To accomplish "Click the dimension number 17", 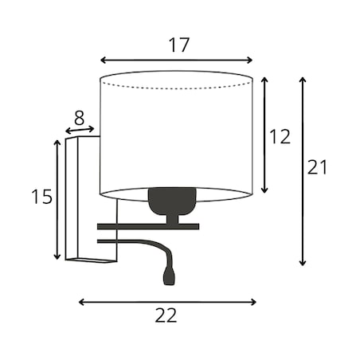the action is click(x=179, y=45).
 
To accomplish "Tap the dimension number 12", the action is click(x=280, y=136).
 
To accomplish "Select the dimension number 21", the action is click(x=317, y=167).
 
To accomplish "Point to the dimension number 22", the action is click(x=166, y=315).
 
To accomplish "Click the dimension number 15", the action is click(x=41, y=197).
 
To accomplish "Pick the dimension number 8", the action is click(x=79, y=118).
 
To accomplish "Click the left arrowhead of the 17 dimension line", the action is click(x=103, y=61).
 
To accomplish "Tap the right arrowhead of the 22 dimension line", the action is click(x=253, y=302).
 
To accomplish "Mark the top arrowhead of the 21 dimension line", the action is click(x=303, y=80).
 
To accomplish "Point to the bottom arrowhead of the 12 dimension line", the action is click(x=264, y=190).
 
